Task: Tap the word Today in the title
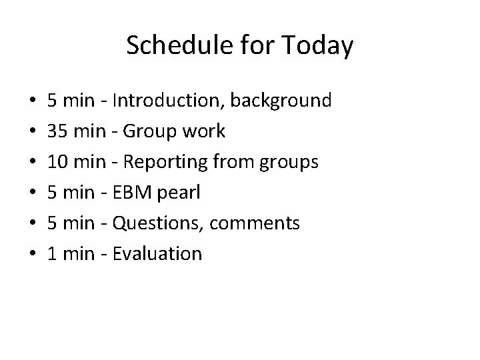click(x=318, y=46)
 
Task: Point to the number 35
click(x=56, y=131)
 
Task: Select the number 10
click(x=57, y=162)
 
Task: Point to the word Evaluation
click(x=158, y=253)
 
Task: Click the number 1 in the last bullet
click(x=51, y=253)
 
